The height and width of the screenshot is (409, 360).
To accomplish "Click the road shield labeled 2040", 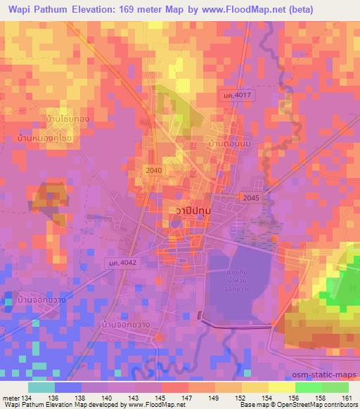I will (153, 171).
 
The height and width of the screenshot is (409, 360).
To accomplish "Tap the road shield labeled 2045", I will (250, 198).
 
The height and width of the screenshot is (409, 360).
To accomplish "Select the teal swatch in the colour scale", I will (41, 387).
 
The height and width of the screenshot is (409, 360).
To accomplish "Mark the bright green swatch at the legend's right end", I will (335, 387).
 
